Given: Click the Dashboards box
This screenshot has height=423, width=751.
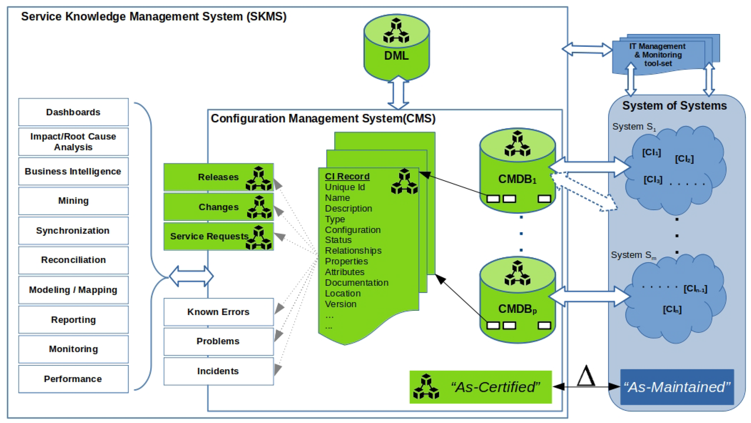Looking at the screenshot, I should (x=73, y=112).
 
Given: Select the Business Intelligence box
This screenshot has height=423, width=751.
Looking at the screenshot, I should (x=73, y=171).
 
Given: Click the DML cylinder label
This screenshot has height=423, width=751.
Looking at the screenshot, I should (x=396, y=56).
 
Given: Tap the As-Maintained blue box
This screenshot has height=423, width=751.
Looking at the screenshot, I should (x=677, y=387).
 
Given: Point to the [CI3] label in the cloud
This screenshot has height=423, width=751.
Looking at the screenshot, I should (x=653, y=180).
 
